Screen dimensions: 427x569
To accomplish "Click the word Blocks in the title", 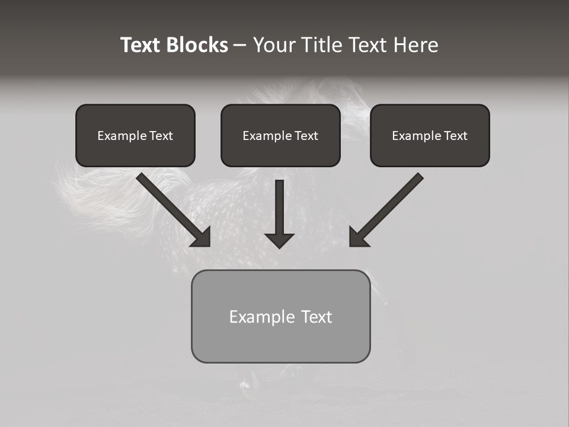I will tap(197, 45).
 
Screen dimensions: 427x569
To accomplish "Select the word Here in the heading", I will tap(415, 45).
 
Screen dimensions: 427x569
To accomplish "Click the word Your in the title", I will tap(274, 45).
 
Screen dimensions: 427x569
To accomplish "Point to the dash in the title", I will tap(240, 46).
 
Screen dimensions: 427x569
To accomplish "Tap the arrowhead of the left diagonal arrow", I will tap(202, 237).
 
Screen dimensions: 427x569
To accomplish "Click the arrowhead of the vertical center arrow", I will tap(279, 240).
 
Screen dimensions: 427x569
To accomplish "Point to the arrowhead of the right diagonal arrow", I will tap(358, 237).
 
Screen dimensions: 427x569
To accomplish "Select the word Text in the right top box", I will tap(456, 136).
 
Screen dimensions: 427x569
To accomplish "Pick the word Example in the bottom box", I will tap(262, 317).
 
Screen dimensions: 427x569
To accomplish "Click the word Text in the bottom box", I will tap(317, 317).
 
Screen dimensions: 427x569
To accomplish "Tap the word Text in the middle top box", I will tap(306, 136).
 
